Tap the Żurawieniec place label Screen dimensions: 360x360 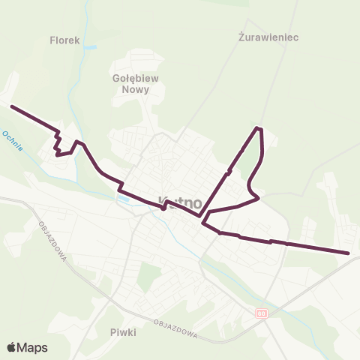click(x=259, y=35)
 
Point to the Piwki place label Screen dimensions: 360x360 click(x=122, y=331)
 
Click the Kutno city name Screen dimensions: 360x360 click(x=180, y=202)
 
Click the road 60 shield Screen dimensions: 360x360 click(x=260, y=313)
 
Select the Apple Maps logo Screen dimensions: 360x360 click(x=27, y=347)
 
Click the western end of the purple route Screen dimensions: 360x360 click(x=12, y=106)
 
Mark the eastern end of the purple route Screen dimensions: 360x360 click(x=349, y=253)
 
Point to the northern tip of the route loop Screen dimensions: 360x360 click(x=259, y=128)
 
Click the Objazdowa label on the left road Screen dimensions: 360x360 click(x=52, y=241)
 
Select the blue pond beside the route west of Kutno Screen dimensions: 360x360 click(x=123, y=199)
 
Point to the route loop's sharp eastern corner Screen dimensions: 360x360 click(x=258, y=198)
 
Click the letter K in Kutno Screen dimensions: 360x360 click(x=163, y=202)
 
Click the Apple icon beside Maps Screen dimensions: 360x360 click(x=11, y=346)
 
